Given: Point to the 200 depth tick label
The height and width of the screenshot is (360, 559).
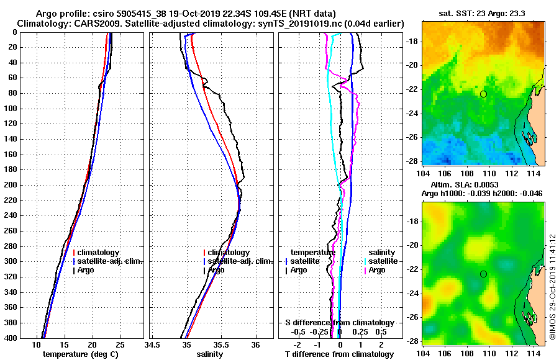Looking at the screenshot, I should coord(11,185).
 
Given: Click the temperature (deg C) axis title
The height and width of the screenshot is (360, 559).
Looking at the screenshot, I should coord(80,354).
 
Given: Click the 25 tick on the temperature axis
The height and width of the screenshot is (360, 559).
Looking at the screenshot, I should coord(120,344).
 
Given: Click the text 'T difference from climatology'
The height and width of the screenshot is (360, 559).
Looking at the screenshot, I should coord(339,354).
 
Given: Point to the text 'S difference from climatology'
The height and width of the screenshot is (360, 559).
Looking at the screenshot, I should coord(339,323).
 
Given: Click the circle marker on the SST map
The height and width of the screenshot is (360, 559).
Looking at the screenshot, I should coord(483,94).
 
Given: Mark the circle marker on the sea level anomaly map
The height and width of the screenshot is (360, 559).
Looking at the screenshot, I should coord(483,274).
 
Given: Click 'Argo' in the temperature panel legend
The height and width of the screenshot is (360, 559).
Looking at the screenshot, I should coord(86,270).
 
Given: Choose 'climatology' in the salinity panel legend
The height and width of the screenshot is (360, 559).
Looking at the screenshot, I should coord(229,253).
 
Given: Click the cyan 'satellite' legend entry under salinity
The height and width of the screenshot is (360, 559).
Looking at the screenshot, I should coord(383,261).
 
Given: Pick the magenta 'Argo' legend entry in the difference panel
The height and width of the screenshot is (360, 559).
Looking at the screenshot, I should coord(377,270).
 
